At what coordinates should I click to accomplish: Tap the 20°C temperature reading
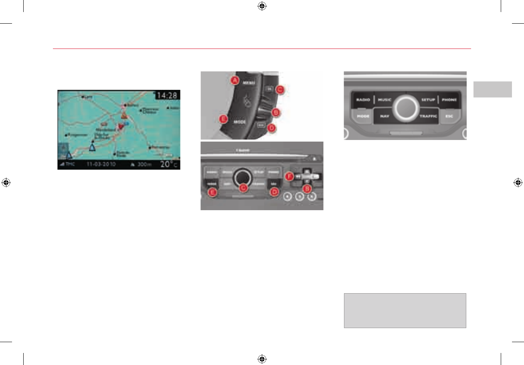pos(170,164)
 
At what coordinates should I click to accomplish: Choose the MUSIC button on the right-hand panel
pos(385,100)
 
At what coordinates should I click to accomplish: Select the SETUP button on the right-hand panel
pos(428,100)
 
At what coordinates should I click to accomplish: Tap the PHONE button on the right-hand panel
pos(449,100)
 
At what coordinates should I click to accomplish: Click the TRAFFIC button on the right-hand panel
pos(428,116)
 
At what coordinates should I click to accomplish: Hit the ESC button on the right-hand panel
pos(449,116)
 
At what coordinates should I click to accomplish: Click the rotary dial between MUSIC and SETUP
pos(406,107)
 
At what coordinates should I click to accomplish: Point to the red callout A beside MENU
pos(235,81)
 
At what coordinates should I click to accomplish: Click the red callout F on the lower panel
pos(288,175)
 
